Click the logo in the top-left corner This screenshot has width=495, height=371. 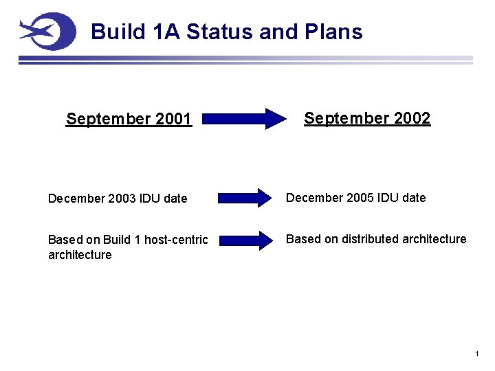coord(47,31)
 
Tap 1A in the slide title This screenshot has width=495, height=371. coord(166,32)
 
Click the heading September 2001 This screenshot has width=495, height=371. coord(129,120)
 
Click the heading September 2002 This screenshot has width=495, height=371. coord(367,118)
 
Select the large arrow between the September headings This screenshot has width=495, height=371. coord(245,118)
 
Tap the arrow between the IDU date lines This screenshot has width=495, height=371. coord(245,198)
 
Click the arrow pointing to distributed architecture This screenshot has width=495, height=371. coord(245,240)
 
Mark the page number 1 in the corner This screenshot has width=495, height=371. coord(476,354)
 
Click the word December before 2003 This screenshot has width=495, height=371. coord(76,199)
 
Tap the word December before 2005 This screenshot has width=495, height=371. coord(314,198)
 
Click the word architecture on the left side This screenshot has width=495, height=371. coord(80,255)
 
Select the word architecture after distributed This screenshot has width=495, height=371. coord(434,239)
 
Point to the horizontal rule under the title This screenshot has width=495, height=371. coord(245,60)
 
